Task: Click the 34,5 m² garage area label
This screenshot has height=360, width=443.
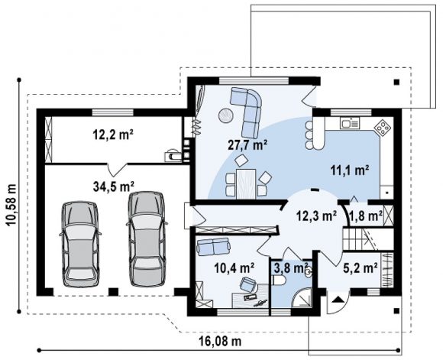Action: (113, 187)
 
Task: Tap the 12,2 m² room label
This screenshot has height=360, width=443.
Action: (113, 135)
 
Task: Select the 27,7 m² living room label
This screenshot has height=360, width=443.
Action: (247, 145)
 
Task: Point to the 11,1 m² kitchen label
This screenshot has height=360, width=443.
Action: (350, 170)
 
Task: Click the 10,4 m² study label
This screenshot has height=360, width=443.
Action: (234, 268)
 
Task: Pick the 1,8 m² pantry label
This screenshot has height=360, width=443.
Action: (366, 216)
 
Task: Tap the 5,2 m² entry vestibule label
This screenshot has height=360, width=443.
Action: (361, 268)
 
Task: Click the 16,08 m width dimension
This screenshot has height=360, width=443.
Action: (221, 342)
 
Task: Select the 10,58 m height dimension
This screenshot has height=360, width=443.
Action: (11, 205)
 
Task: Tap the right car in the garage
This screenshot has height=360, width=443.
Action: (147, 239)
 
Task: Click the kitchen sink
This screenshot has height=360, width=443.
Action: (350, 123)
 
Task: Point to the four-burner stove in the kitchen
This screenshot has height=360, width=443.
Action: (383, 128)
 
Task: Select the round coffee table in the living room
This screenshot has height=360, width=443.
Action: (226, 115)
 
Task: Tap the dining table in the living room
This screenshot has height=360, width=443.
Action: (246, 183)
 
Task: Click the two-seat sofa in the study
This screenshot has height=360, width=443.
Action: (214, 246)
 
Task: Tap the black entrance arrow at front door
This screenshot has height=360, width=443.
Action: (338, 300)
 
